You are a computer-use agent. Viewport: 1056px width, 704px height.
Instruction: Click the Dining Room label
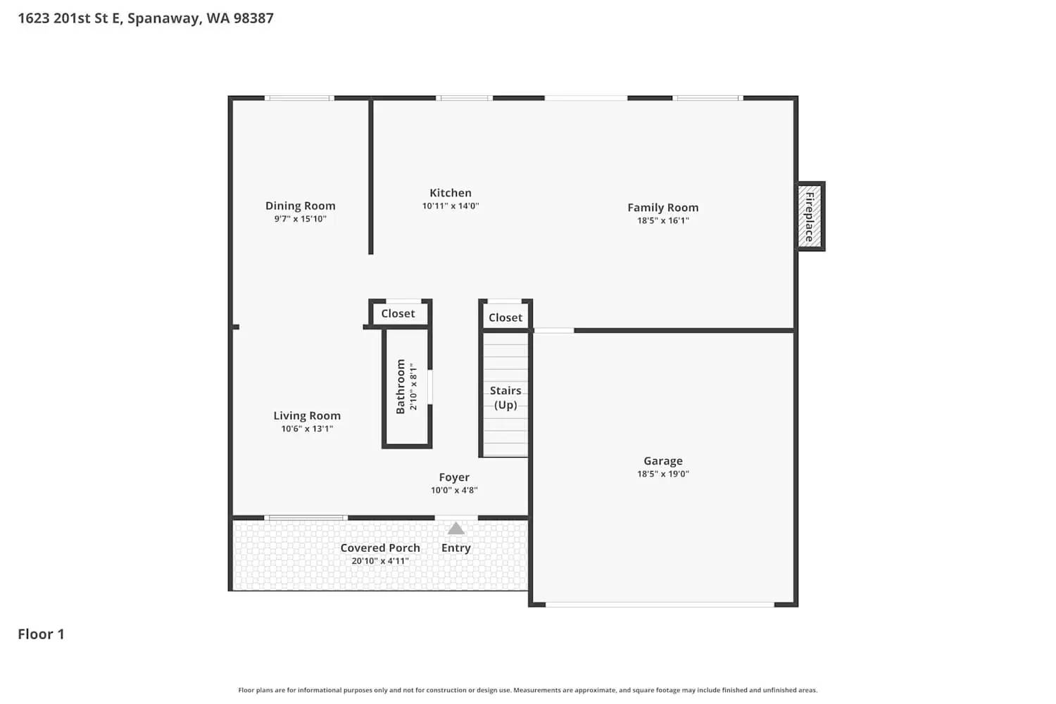click(x=300, y=206)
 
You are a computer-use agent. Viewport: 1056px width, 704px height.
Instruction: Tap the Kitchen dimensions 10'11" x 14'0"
click(x=451, y=206)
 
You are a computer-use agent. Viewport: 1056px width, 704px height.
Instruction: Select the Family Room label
click(x=662, y=208)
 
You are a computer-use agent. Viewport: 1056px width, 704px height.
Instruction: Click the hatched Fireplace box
click(x=810, y=216)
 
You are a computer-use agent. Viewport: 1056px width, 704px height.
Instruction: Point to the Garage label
click(x=662, y=461)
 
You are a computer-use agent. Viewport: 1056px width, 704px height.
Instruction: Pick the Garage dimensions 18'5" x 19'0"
click(x=662, y=474)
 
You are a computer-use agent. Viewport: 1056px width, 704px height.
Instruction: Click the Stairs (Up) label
click(x=505, y=398)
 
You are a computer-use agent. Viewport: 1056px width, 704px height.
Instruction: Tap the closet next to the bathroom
click(x=398, y=313)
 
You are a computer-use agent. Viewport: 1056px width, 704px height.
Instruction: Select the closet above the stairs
click(x=505, y=318)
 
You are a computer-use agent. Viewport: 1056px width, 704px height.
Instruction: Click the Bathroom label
click(x=401, y=386)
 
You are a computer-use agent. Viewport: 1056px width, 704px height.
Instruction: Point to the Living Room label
click(x=307, y=415)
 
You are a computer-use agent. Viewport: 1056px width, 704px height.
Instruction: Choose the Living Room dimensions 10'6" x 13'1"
click(x=307, y=429)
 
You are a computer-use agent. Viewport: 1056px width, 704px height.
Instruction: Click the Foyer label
click(x=454, y=477)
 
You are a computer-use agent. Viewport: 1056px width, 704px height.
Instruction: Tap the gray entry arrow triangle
click(x=456, y=529)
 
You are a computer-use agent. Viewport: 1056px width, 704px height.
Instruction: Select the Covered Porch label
click(x=380, y=548)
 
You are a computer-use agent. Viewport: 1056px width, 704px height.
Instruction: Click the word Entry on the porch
click(x=456, y=548)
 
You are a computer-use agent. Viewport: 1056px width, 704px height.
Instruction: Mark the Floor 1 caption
click(x=41, y=634)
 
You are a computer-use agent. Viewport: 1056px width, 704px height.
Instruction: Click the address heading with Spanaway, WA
click(x=146, y=18)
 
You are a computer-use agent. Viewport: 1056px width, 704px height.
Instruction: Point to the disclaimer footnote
click(x=528, y=691)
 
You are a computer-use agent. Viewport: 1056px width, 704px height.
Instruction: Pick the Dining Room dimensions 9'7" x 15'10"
click(x=300, y=219)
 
